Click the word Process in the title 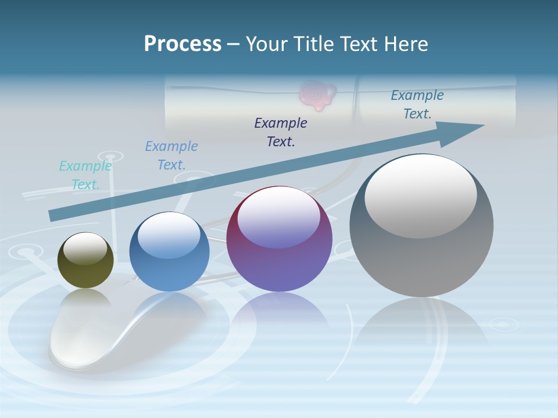click(183, 44)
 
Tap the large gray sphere click(421, 255)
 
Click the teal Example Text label click(85, 175)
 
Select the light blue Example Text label click(171, 156)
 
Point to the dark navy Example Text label click(281, 132)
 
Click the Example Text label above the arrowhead click(417, 105)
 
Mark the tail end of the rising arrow click(53, 215)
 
